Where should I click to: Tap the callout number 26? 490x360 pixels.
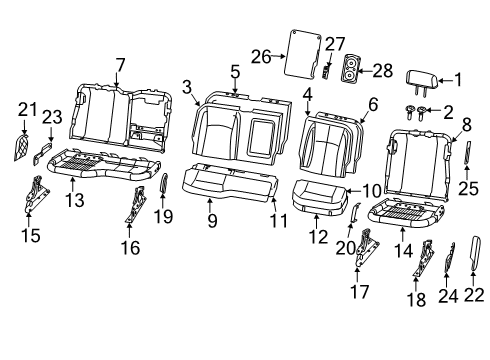(260, 56)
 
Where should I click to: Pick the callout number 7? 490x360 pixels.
(120, 65)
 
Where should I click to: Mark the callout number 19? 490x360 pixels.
(166, 214)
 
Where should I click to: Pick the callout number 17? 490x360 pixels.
(362, 292)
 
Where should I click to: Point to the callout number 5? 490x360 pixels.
(235, 71)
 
